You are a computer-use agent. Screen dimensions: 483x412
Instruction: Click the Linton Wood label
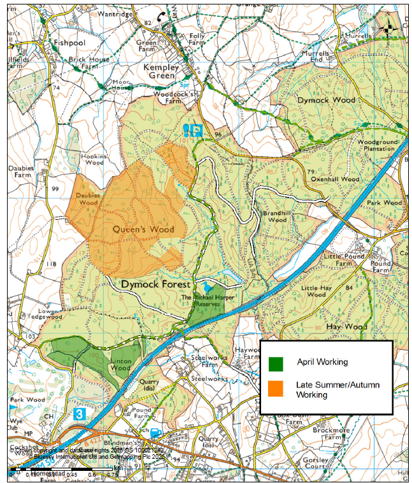(120, 364)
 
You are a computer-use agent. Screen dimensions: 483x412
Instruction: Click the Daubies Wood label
(87, 199)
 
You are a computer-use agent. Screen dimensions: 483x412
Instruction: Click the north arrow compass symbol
(388, 27)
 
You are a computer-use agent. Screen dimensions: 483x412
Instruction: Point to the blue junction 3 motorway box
(78, 414)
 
